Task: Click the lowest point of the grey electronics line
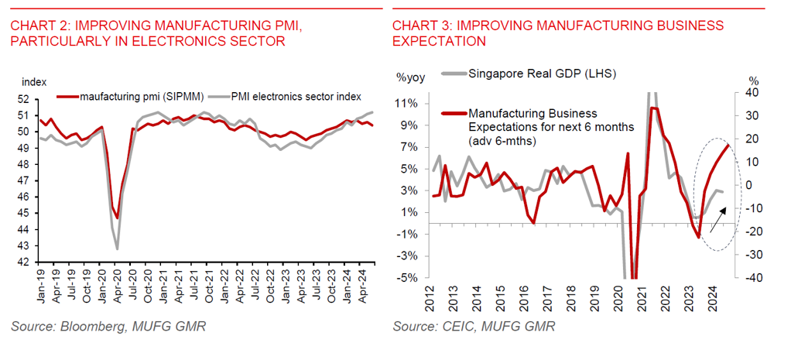(118, 249)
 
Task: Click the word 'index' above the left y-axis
(35, 82)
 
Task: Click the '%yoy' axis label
(411, 77)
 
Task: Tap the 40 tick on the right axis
(752, 93)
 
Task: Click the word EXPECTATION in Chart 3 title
(439, 41)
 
